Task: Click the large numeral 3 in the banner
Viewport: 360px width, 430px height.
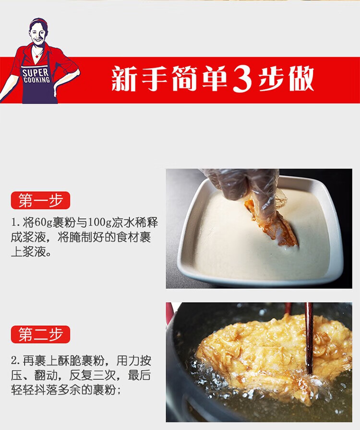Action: [x=242, y=79]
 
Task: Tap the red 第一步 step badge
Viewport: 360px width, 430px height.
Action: [x=40, y=200]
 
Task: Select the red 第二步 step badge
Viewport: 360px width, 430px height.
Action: [x=40, y=334]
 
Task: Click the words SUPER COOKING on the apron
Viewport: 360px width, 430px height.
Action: [x=36, y=76]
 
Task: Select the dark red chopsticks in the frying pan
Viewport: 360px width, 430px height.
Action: [x=309, y=338]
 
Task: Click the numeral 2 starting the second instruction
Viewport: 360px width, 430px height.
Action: [x=14, y=361]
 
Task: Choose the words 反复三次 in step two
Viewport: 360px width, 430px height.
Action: [x=93, y=375]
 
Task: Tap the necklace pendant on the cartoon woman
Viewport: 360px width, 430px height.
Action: [x=36, y=56]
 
